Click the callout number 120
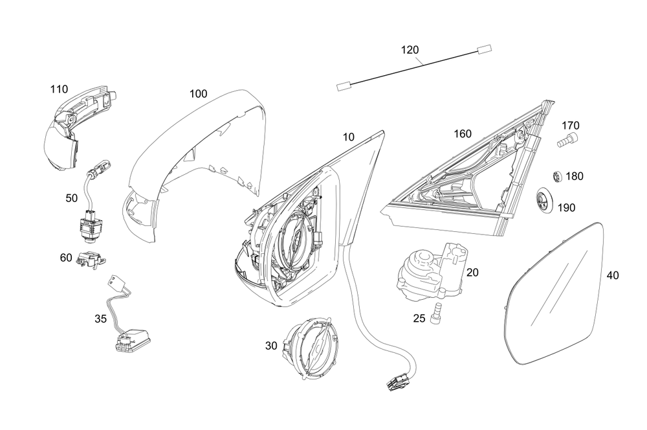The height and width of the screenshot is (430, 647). click(x=410, y=50)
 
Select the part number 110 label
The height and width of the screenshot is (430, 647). click(x=59, y=89)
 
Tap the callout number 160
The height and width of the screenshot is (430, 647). click(x=462, y=134)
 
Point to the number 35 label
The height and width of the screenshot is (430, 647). click(x=100, y=318)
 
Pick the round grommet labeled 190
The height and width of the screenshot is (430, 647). click(x=543, y=200)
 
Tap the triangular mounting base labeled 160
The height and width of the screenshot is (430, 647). click(x=472, y=181)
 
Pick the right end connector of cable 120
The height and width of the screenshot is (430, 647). click(x=484, y=48)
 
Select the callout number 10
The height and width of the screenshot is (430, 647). click(x=349, y=137)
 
